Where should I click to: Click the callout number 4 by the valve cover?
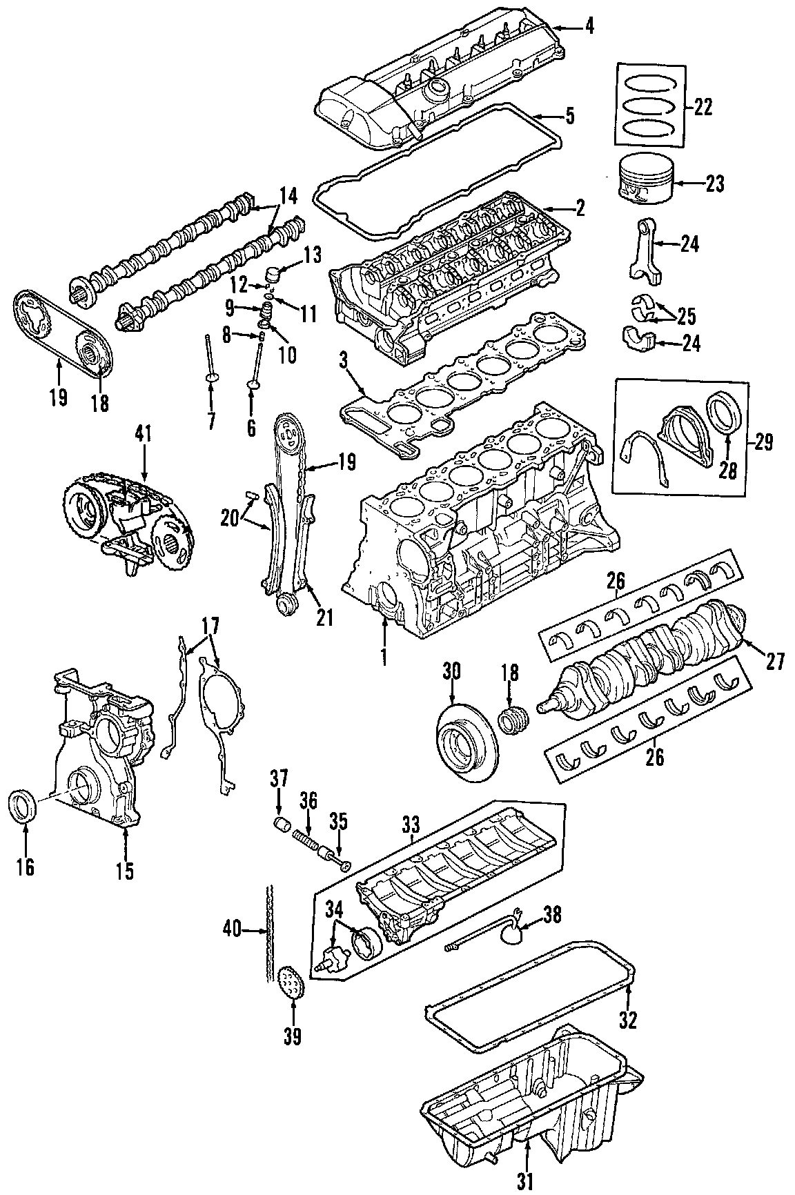point(589,28)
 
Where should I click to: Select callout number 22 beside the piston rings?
point(703,106)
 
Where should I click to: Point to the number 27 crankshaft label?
point(775,662)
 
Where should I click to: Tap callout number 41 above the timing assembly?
point(144,434)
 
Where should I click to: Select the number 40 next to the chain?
point(232,931)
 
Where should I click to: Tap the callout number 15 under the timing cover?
point(125,870)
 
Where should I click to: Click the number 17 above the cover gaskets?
point(210,626)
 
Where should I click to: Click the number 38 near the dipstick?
point(553,915)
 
